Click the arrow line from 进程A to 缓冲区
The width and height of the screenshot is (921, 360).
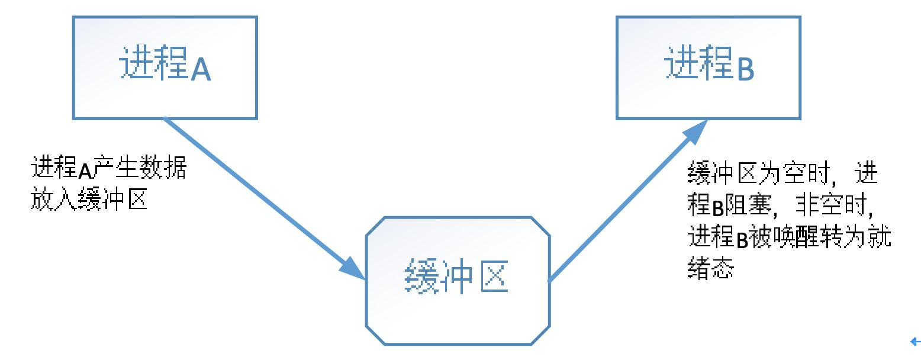point(255,191)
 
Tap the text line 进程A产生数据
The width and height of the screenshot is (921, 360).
point(109,170)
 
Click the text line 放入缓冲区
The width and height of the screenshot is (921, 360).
point(88,201)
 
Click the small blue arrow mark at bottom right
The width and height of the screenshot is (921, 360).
point(915,341)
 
